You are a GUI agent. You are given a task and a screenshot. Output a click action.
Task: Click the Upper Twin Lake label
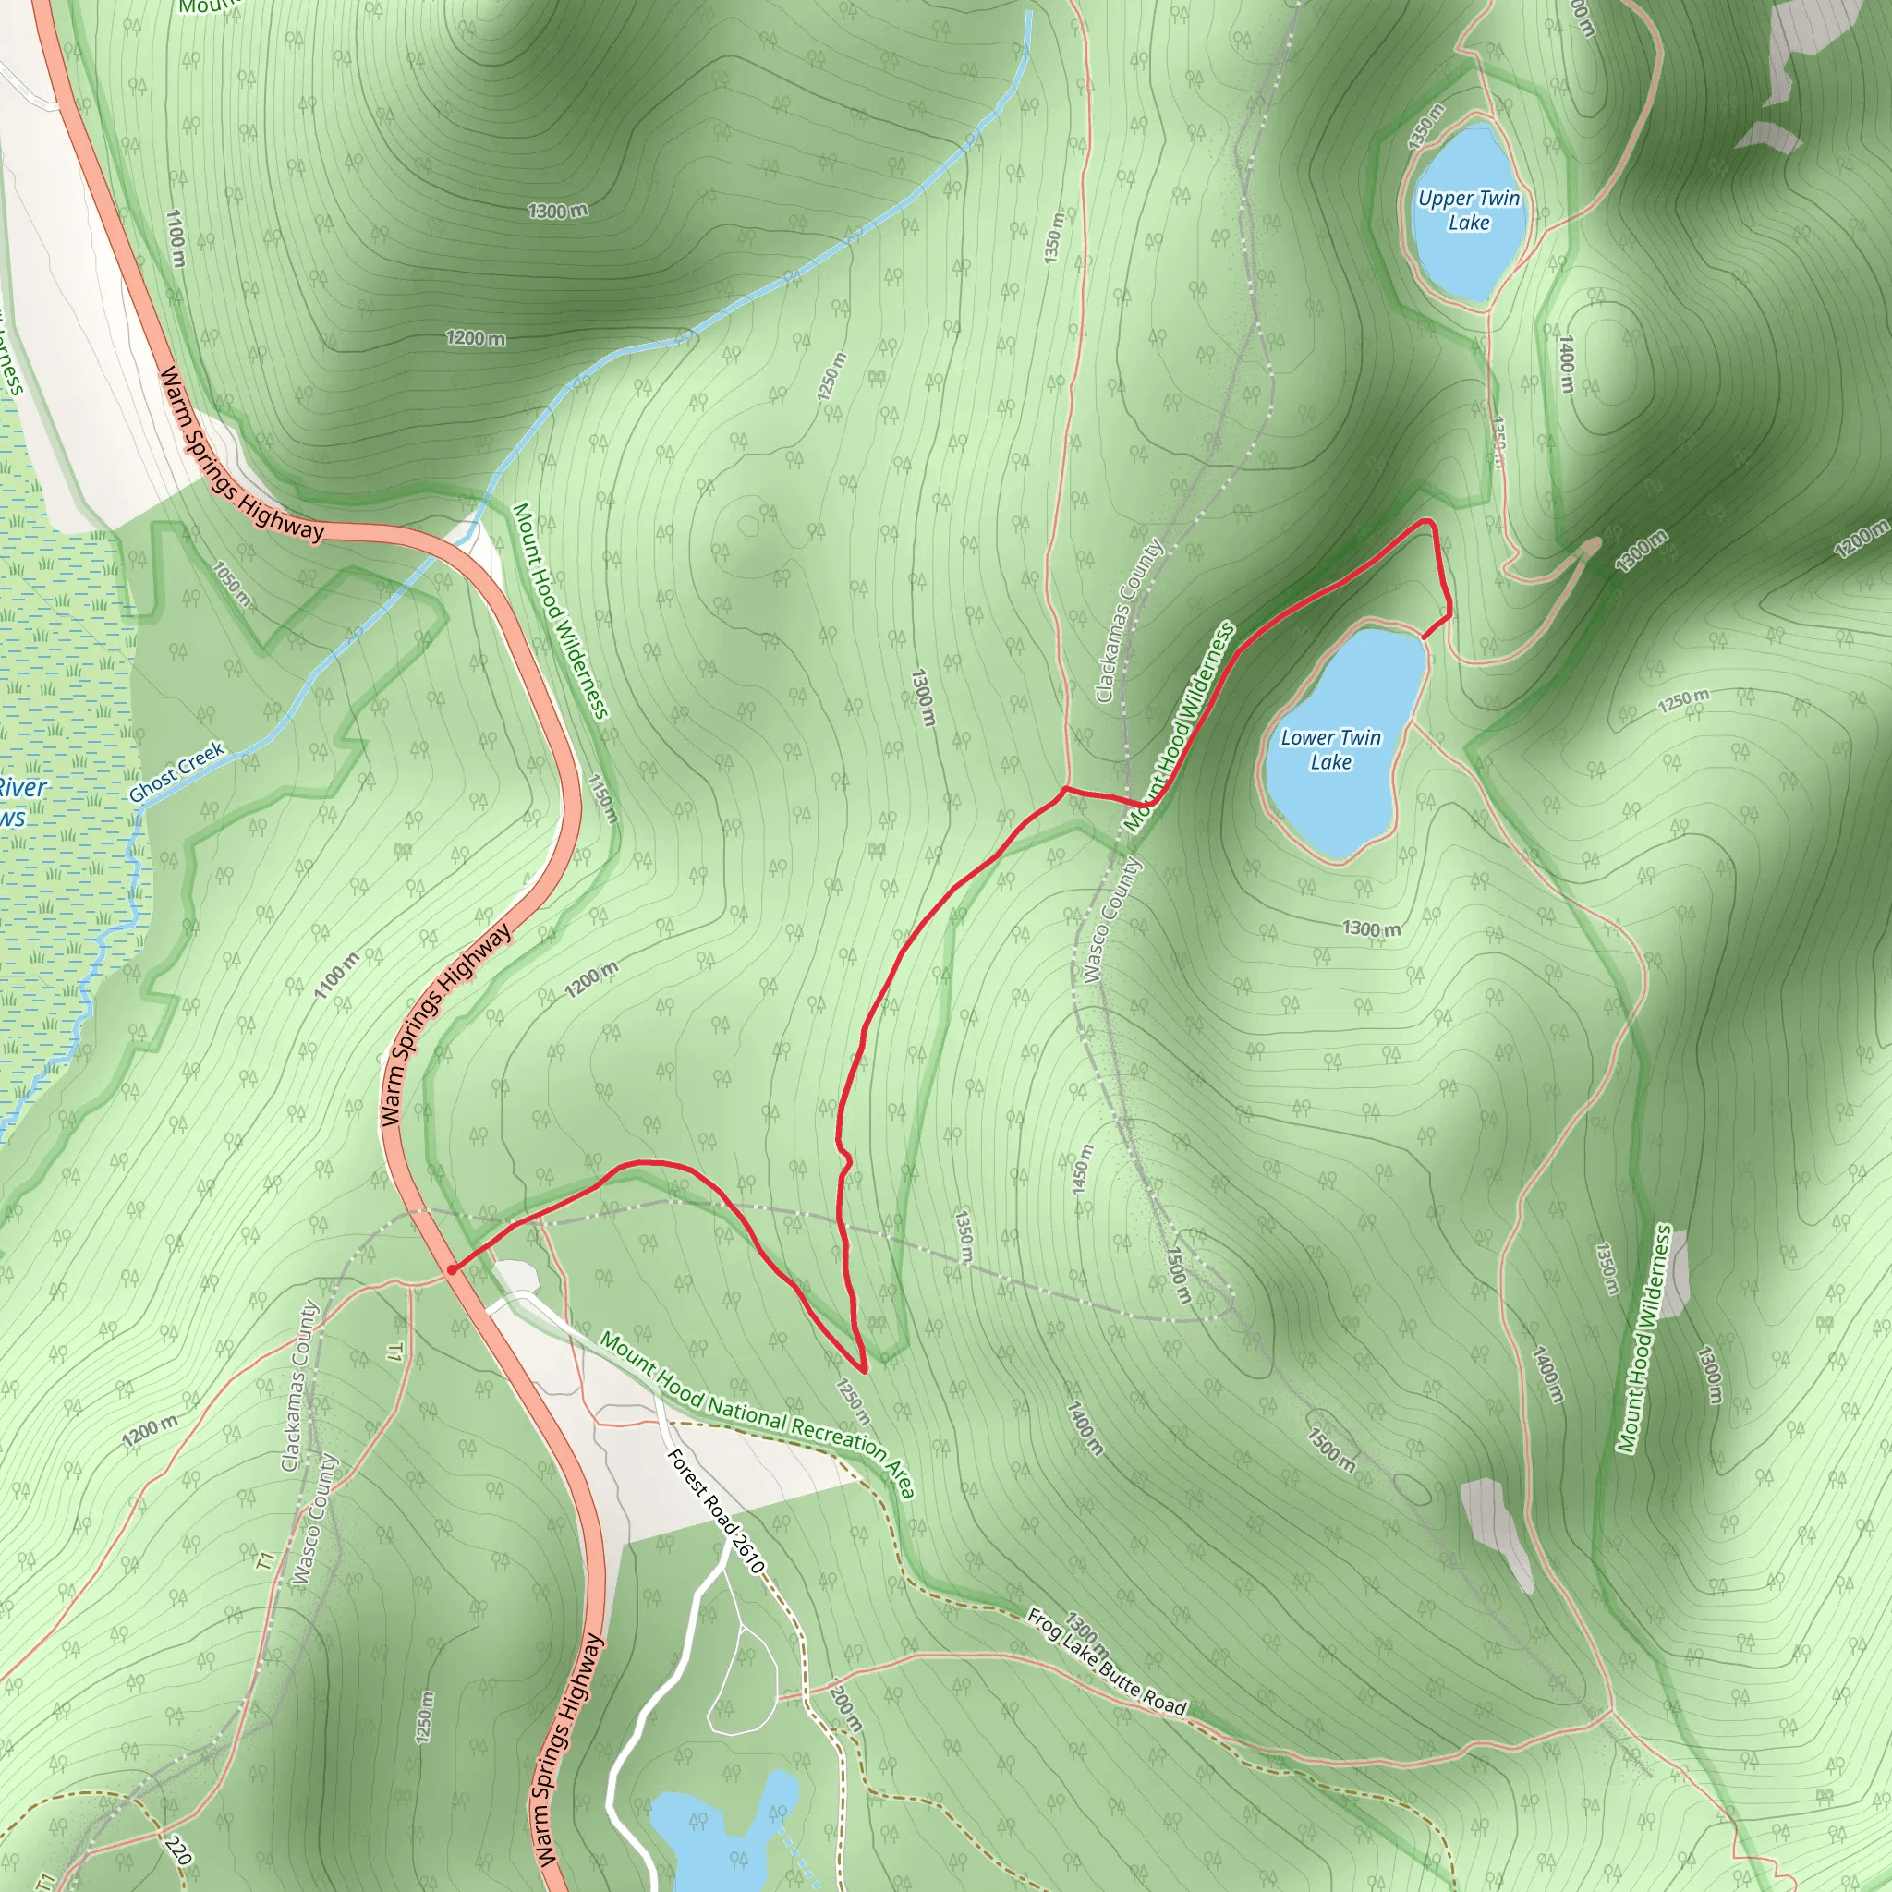click(1469, 211)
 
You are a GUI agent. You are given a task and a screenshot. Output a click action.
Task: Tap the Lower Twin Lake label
click(1331, 749)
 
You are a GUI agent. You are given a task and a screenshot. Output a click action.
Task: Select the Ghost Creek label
click(177, 771)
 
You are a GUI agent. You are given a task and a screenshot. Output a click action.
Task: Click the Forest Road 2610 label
click(715, 1511)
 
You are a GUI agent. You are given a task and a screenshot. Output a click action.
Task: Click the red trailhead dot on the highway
click(452, 1269)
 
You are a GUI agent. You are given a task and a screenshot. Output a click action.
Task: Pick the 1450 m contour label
click(1082, 1169)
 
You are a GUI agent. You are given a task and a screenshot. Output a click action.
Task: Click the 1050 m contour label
click(233, 584)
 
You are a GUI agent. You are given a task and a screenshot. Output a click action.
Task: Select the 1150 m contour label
click(603, 797)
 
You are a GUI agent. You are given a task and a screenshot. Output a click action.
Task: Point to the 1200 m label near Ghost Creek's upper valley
click(476, 339)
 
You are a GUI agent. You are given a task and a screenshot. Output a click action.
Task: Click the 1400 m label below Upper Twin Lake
click(1567, 364)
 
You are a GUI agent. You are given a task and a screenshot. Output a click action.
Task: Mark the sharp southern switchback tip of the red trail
click(863, 1370)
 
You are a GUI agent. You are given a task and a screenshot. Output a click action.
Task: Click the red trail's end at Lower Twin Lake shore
click(1423, 637)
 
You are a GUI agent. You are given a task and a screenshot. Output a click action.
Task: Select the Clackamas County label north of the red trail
click(1128, 620)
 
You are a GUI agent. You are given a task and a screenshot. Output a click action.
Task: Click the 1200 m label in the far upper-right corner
click(1861, 540)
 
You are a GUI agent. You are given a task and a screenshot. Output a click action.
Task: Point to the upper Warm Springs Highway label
click(241, 455)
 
